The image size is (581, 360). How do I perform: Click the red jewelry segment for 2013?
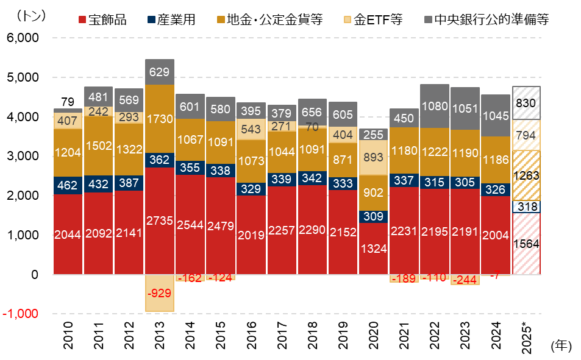(160, 221)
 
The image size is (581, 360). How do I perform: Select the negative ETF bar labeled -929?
(160, 293)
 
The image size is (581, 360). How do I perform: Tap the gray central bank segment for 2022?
(435, 106)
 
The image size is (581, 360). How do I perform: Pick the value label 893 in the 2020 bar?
(374, 157)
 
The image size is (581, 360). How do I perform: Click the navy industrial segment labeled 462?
(68, 185)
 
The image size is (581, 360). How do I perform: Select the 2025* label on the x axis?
(528, 339)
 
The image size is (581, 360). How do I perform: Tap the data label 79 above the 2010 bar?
(68, 101)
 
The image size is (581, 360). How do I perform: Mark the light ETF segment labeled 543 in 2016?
(252, 129)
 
